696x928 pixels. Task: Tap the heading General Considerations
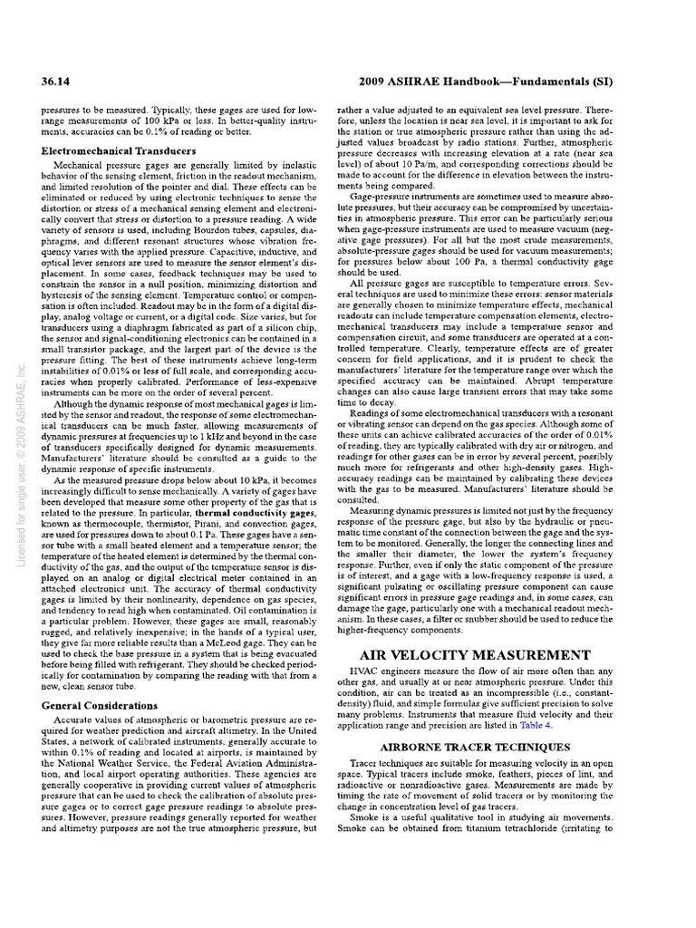point(100,705)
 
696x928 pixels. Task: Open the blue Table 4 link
point(560,726)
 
